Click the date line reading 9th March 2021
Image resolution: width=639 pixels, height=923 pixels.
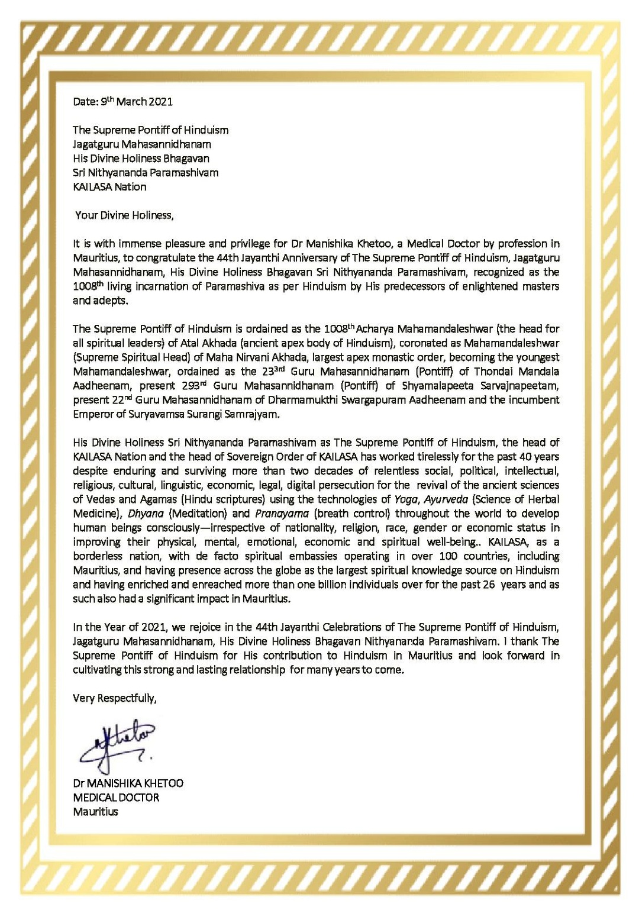coord(123,101)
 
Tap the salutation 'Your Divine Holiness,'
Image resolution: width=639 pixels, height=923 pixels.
coord(124,215)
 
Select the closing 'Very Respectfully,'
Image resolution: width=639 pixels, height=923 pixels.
coord(115,698)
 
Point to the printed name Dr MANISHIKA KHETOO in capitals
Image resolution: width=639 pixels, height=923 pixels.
coord(128,783)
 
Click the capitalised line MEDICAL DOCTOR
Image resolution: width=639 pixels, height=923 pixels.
coord(116,797)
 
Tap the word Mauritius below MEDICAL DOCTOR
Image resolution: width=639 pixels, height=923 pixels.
coord(95,811)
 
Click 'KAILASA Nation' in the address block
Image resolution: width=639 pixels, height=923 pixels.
coord(109,186)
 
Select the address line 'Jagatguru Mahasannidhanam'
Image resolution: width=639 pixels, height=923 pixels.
coord(142,144)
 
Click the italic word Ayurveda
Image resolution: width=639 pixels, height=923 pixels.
coord(446,499)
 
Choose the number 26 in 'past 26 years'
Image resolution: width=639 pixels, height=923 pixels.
coord(485,584)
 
